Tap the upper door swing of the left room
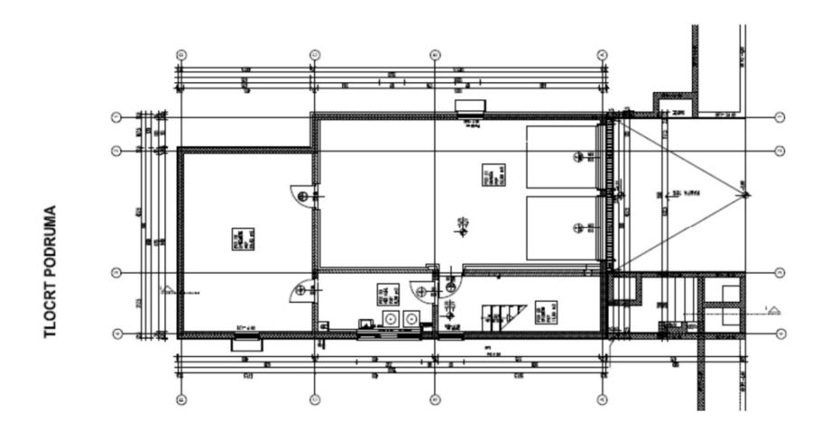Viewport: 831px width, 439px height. pos(303,195)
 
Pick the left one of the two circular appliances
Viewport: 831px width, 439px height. pos(392,319)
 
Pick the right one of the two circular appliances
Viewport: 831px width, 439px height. pos(412,319)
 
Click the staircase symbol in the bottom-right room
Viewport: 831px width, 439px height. pos(502,315)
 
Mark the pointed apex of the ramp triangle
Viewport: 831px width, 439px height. pos(745,194)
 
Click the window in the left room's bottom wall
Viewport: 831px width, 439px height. pos(245,341)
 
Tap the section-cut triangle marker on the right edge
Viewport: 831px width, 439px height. pos(773,311)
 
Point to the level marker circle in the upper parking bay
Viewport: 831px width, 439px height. pos(579,157)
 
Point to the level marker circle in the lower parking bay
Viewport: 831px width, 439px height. pos(579,227)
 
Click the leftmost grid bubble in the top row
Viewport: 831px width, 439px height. pos(181,53)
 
